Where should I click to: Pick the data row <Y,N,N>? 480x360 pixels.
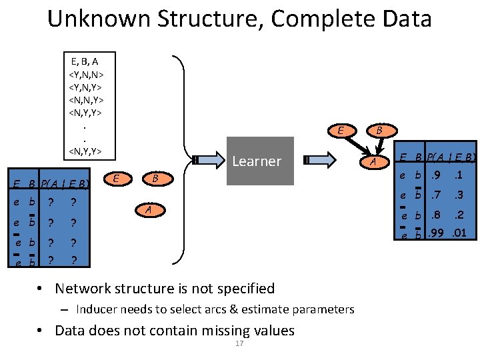click(x=85, y=74)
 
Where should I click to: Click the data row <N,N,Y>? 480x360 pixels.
click(x=85, y=99)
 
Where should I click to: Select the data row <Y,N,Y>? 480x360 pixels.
click(x=85, y=87)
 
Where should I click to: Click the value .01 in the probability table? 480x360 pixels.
click(x=459, y=234)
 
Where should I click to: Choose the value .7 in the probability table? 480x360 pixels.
click(x=436, y=196)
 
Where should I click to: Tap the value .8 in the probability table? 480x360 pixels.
click(x=436, y=215)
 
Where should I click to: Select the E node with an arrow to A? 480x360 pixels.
click(x=340, y=131)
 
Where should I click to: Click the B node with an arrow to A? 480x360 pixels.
click(x=379, y=131)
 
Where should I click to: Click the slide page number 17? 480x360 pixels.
click(x=239, y=343)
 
